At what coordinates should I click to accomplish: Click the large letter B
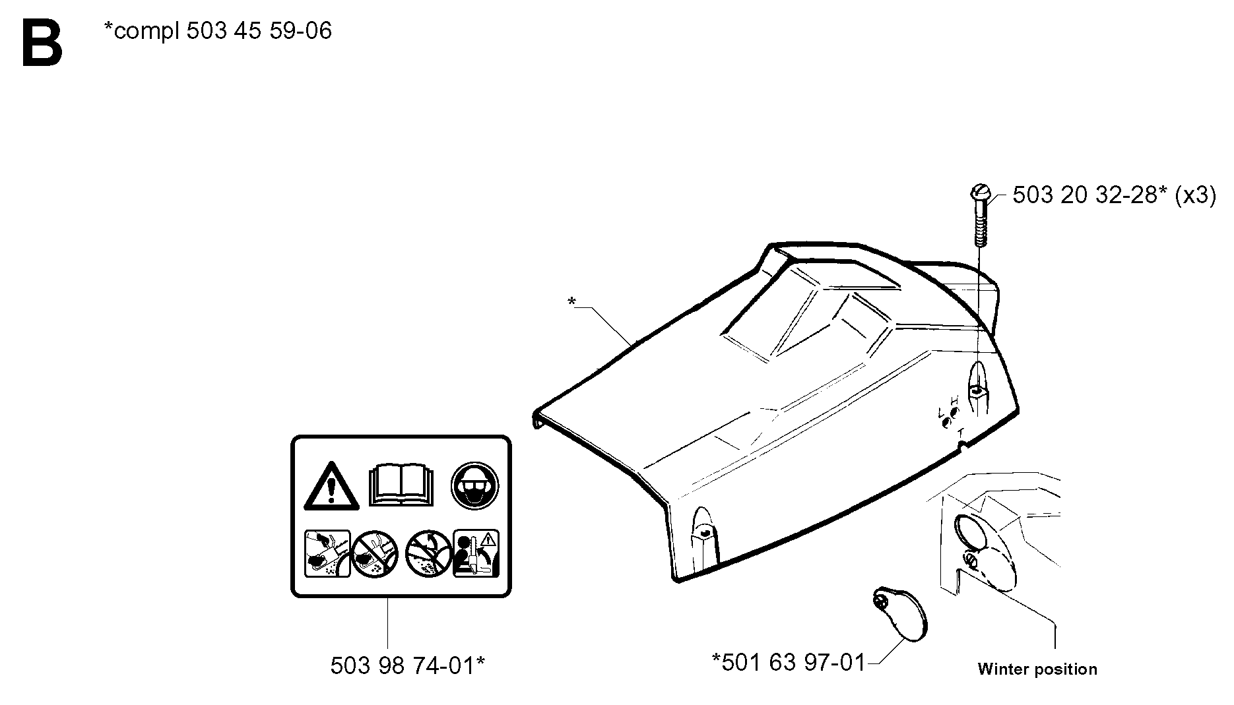(x=42, y=43)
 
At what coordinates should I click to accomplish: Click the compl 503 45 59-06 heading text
(x=218, y=31)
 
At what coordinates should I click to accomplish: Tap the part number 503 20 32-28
(x=1085, y=195)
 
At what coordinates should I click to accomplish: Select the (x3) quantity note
(x=1195, y=196)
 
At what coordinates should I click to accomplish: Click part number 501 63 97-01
(x=789, y=661)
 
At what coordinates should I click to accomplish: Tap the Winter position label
(x=1037, y=669)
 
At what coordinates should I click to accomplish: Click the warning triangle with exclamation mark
(x=331, y=487)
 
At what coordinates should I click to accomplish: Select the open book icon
(x=401, y=485)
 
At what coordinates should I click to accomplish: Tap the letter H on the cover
(x=954, y=400)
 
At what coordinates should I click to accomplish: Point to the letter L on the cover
(x=942, y=413)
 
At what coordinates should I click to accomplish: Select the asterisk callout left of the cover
(x=571, y=301)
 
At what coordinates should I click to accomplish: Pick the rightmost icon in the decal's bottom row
(x=476, y=553)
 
